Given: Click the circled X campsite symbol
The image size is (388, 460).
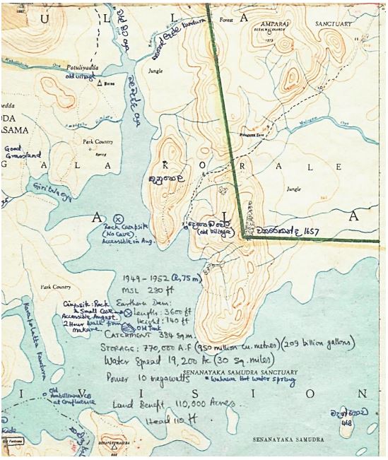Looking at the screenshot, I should pos(118,218).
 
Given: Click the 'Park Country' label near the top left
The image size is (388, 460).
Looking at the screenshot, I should pos(98,142).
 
